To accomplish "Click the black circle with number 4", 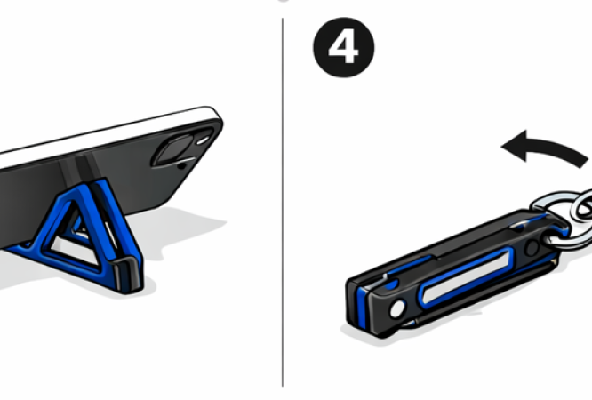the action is pos(344,47).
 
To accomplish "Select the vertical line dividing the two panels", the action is pos(283,202).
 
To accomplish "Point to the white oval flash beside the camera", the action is pos(203,140).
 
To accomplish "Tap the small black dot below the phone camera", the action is pos(182,166).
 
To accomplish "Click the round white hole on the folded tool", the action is pos(396,309).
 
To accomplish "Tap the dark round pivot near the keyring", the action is pos(532,248).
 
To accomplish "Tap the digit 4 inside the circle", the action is pos(344,48).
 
